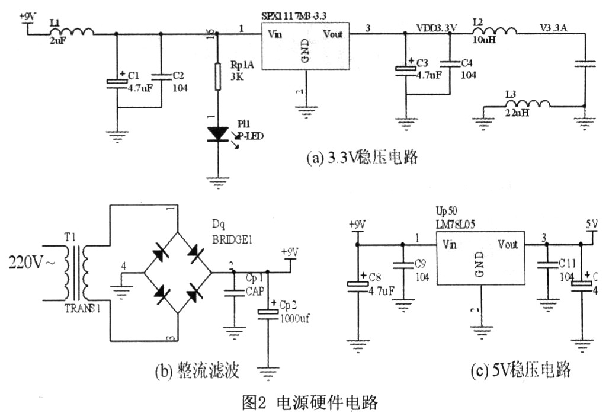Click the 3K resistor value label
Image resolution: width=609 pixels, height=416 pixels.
[236, 75]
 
